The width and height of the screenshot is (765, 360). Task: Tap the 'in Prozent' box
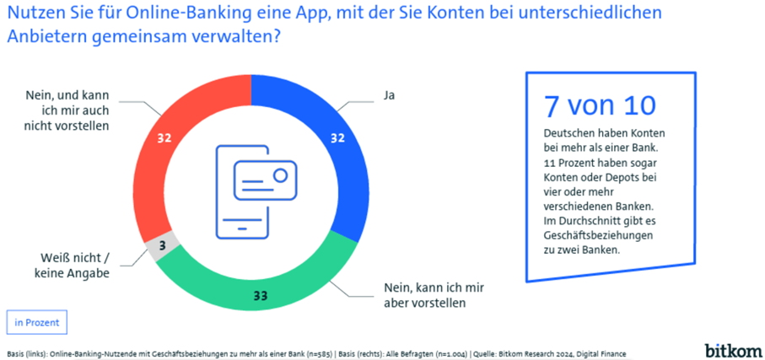click(36, 322)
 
